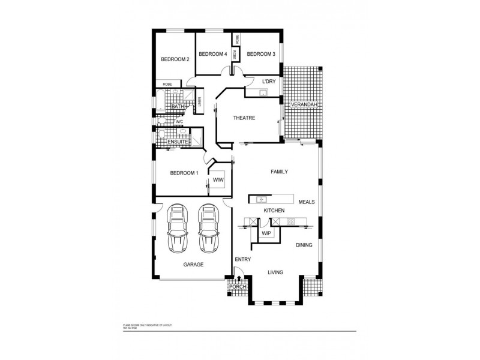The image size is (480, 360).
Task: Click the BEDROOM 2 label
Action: (175, 59)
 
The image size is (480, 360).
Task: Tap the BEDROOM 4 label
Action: (212, 54)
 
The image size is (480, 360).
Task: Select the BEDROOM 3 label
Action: (261, 54)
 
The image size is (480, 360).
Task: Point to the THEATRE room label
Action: (244, 118)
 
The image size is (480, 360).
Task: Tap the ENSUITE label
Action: (178, 142)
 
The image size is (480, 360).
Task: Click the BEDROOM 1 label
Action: (184, 173)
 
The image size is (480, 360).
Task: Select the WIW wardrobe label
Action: (217, 179)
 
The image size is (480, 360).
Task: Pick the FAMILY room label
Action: (279, 172)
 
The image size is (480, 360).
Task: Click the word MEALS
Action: (307, 202)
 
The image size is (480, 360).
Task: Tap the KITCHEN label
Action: (274, 211)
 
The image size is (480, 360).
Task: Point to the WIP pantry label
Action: (265, 232)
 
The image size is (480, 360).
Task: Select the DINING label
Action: (304, 245)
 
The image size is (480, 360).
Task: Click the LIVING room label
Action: (275, 272)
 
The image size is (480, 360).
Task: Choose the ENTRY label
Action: (242, 259)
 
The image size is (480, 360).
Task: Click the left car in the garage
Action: (178, 228)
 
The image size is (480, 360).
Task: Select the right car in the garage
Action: (208, 228)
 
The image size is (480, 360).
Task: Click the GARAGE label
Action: (193, 264)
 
